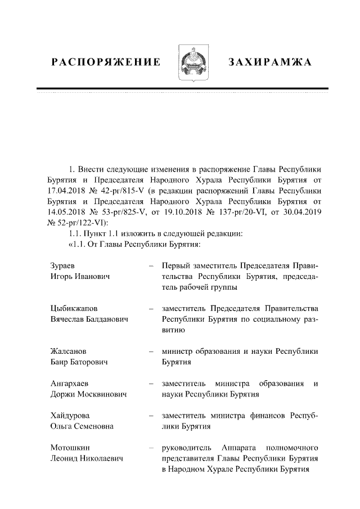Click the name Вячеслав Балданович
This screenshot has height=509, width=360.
[89, 320]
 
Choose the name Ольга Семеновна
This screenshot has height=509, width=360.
[82, 427]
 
